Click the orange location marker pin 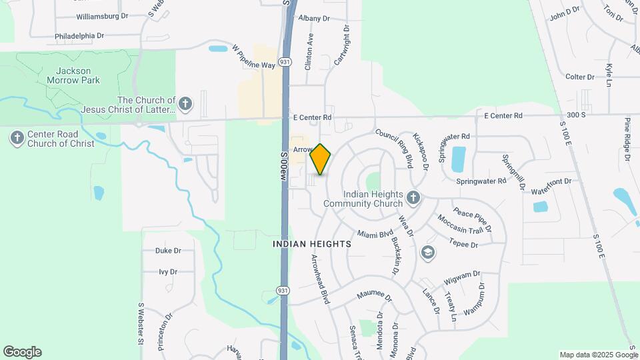321,159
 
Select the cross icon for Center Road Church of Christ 17,138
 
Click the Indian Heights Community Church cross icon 413,197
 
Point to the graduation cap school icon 427,253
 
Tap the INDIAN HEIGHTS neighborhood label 312,245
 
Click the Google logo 22,352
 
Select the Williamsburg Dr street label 102,15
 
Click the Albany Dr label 314,18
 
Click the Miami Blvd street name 375,234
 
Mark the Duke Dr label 168,251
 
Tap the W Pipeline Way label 253,57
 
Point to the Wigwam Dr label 462,274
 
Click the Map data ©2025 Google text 598,355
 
